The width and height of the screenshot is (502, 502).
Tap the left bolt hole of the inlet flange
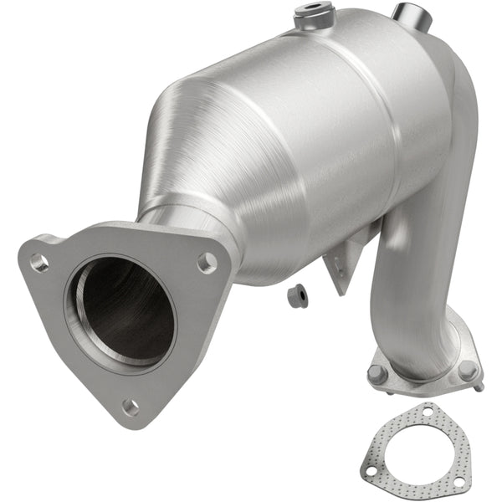pyautogui.click(x=39, y=262)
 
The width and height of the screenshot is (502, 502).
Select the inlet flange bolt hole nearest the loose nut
pyautogui.click(x=205, y=263)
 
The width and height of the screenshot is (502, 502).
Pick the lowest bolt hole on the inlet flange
pyautogui.click(x=131, y=407)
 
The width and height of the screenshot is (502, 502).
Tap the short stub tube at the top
pyautogui.click(x=410, y=15)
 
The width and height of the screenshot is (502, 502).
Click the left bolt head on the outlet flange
pyautogui.click(x=379, y=374)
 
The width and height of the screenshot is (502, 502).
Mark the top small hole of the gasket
pyautogui.click(x=430, y=412)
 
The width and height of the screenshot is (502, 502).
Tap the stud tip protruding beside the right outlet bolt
pyautogui.click(x=480, y=387)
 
